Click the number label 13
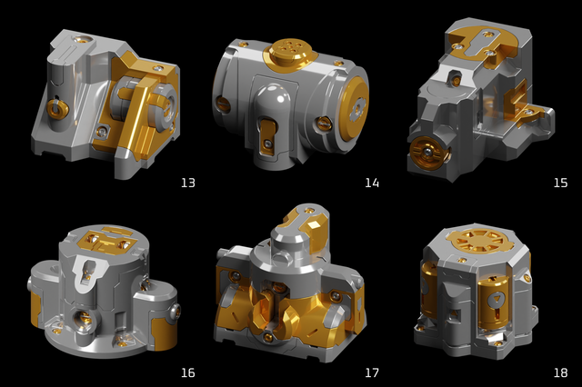[188, 183]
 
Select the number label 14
[372, 183]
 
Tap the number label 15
[560, 183]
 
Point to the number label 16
[188, 372]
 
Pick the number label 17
[372, 372]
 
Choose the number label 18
[560, 372]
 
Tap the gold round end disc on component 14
[355, 108]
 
